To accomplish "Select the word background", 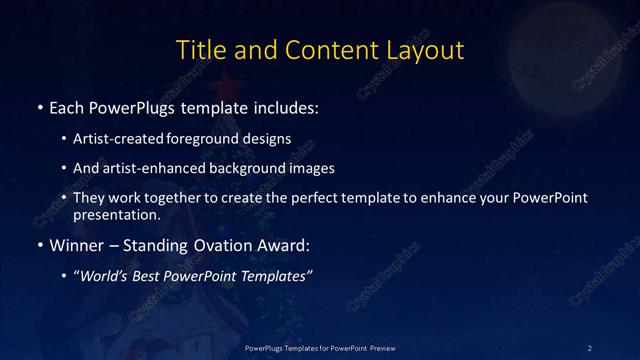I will point(249,168).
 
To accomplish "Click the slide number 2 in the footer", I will point(590,347).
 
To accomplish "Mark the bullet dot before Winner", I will point(39,245).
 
